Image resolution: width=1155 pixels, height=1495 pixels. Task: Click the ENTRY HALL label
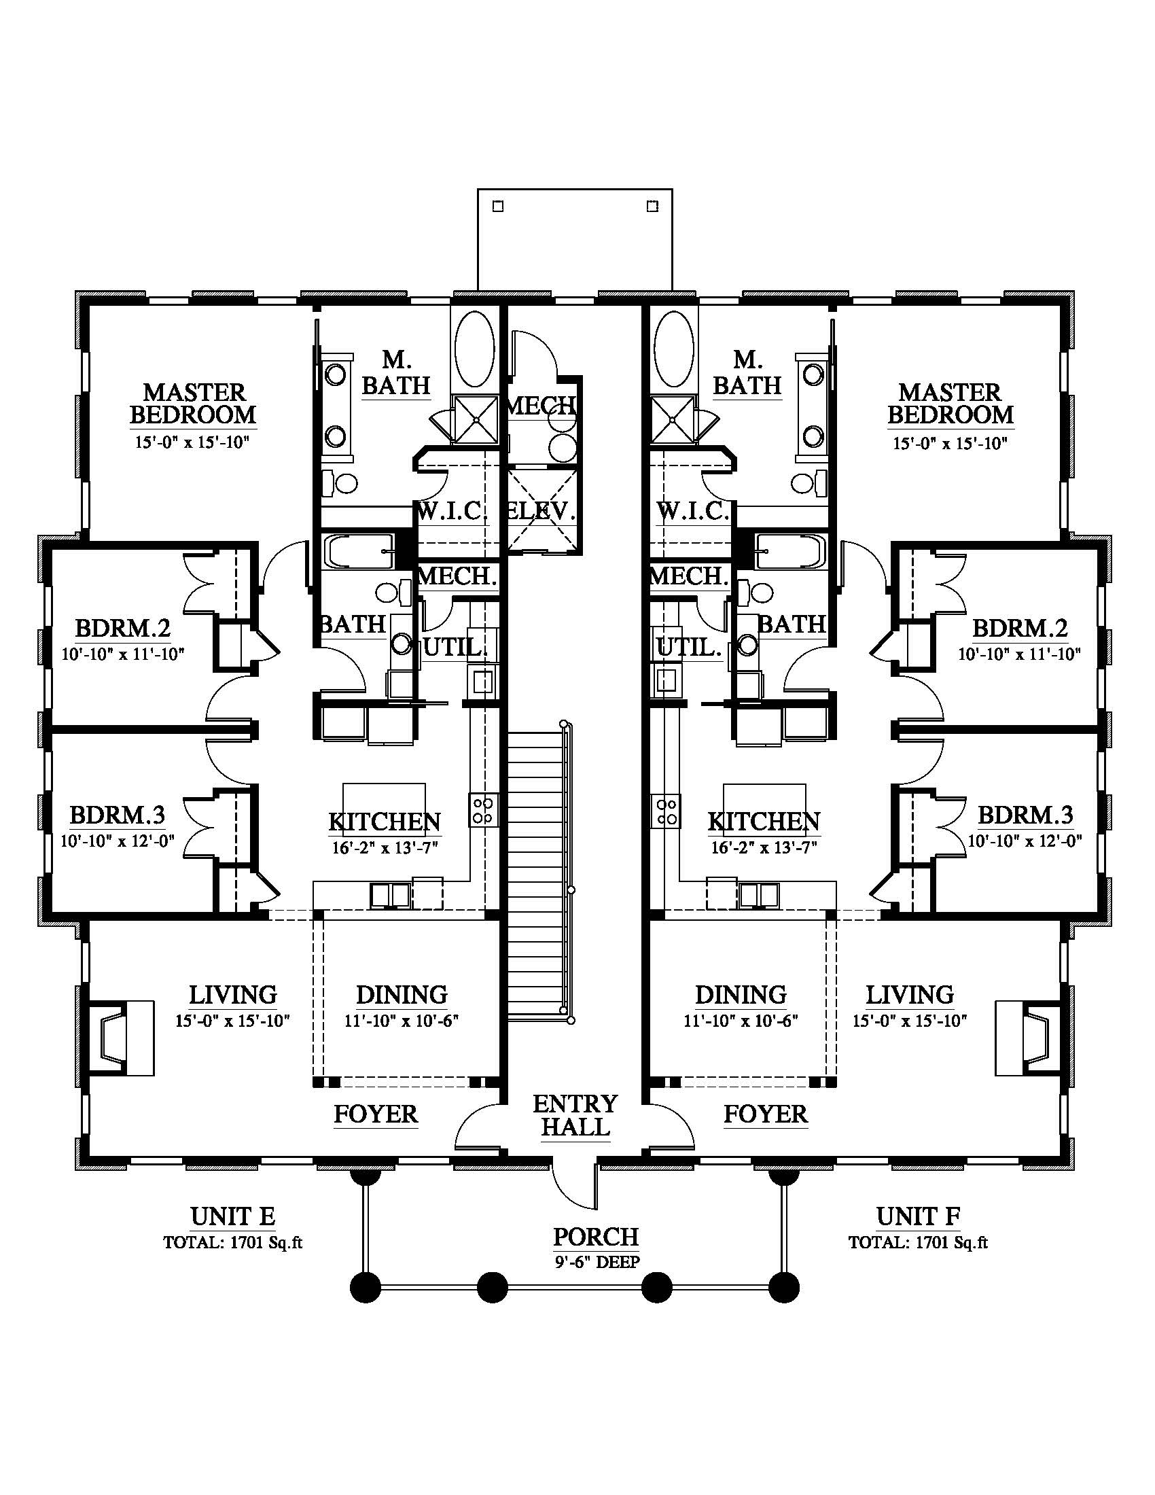click(x=575, y=1115)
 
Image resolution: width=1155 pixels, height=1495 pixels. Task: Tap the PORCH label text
click(x=595, y=1236)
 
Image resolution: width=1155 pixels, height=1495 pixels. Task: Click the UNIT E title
click(x=232, y=1216)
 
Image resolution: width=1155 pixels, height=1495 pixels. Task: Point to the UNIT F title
click(x=919, y=1216)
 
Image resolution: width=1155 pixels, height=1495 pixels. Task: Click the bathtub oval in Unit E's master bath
click(x=474, y=349)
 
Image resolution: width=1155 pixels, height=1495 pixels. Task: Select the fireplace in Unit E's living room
click(x=121, y=1038)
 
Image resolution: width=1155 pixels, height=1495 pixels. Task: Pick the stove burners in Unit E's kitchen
click(x=483, y=810)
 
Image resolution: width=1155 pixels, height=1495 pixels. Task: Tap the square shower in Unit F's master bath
click(x=673, y=419)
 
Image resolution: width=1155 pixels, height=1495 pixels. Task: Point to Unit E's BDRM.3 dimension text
click(x=118, y=840)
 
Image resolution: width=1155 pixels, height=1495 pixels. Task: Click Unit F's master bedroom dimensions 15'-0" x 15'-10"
click(x=950, y=443)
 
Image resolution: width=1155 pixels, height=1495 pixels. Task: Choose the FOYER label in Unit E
click(x=376, y=1114)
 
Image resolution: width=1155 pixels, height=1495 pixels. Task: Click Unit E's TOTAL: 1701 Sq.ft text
click(x=232, y=1242)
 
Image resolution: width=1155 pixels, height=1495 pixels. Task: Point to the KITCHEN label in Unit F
click(x=764, y=822)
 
